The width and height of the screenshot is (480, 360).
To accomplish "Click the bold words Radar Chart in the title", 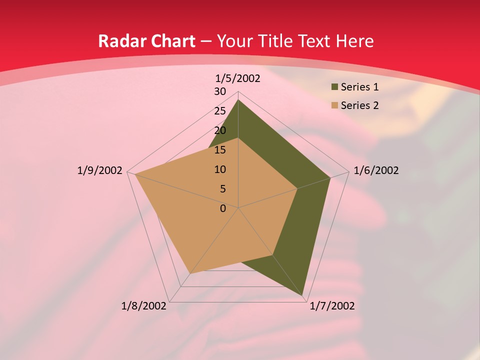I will (x=146, y=41).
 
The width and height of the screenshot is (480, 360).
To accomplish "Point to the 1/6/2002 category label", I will (x=376, y=170).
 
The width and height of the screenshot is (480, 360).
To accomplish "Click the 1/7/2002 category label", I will (x=332, y=306).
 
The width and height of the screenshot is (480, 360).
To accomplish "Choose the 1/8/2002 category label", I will (x=144, y=306).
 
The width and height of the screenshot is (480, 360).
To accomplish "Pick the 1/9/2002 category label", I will (x=100, y=170).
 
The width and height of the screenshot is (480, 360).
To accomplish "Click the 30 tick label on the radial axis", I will (x=220, y=91).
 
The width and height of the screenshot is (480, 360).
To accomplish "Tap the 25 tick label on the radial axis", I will (x=220, y=111).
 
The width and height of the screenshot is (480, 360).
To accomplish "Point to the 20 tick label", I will (x=220, y=130).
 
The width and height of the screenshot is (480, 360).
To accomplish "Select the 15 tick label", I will (x=220, y=150).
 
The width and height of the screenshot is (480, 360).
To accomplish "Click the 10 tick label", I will (x=220, y=169).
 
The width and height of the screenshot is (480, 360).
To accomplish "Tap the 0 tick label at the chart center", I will (x=223, y=208).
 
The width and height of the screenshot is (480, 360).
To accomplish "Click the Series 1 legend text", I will (x=359, y=87).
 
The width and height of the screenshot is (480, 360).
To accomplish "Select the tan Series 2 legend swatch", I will (x=334, y=105).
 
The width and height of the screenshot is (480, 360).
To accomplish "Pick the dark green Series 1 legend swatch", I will (x=334, y=87).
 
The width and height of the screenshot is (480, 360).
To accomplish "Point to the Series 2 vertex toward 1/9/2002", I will (x=135, y=174).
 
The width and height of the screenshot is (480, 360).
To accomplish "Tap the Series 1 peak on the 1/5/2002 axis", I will (x=238, y=100).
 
